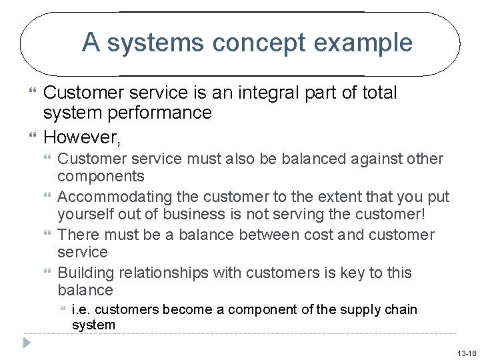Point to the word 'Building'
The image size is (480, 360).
tap(83, 273)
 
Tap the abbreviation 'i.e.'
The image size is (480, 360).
tap(80, 309)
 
